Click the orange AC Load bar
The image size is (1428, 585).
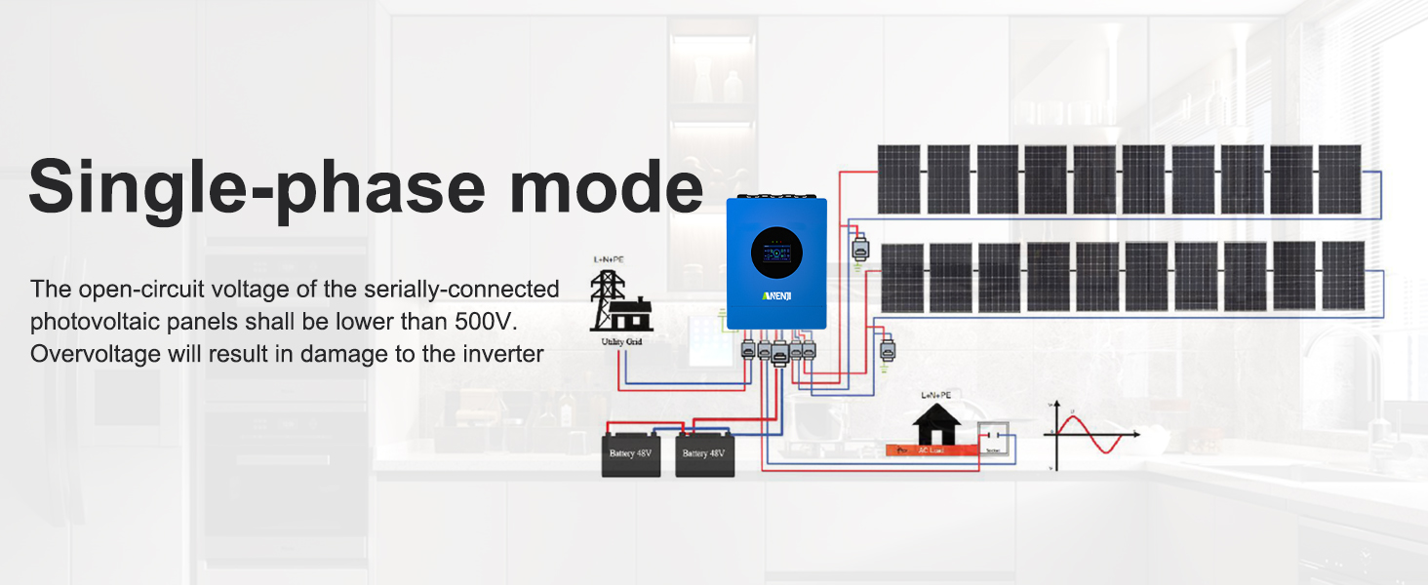coord(932,450)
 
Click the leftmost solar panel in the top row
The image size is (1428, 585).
coord(898,179)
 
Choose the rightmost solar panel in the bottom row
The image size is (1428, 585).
coord(1343,276)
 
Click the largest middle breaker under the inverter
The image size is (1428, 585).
coord(780,356)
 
